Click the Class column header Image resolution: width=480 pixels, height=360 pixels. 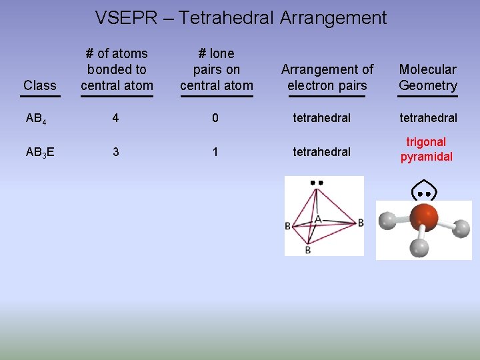click(x=39, y=85)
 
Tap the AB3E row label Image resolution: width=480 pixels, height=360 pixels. click(x=40, y=152)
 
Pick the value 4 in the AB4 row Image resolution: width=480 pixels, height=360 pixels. click(x=116, y=118)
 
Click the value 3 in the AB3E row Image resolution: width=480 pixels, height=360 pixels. click(x=116, y=152)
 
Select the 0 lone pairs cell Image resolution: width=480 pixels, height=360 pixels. click(x=215, y=118)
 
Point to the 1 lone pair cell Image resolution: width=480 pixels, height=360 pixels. click(x=215, y=152)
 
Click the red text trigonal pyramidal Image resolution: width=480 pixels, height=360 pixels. click(x=426, y=149)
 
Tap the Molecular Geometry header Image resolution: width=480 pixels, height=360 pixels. click(x=427, y=77)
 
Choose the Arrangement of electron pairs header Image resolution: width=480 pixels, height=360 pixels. click(x=327, y=77)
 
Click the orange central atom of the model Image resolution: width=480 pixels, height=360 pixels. click(x=424, y=217)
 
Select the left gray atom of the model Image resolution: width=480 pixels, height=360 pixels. click(x=387, y=221)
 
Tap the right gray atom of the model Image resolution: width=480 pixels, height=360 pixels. click(x=461, y=229)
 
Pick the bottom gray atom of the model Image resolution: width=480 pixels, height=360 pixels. click(x=419, y=247)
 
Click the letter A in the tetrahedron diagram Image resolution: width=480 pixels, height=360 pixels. click(x=318, y=219)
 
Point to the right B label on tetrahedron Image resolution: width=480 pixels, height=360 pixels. click(x=361, y=223)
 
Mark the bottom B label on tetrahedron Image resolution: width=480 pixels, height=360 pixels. click(x=307, y=250)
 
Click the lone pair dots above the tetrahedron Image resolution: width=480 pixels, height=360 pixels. click(x=316, y=182)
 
